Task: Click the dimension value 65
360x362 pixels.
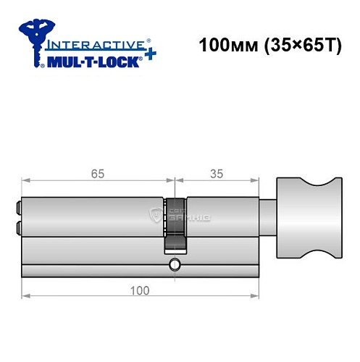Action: coord(98,174)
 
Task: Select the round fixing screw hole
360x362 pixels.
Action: coord(174,264)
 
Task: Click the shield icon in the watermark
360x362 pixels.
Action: coord(154,214)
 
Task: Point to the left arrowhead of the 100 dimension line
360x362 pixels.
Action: coord(25,295)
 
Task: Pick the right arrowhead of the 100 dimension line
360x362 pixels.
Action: coord(258,295)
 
